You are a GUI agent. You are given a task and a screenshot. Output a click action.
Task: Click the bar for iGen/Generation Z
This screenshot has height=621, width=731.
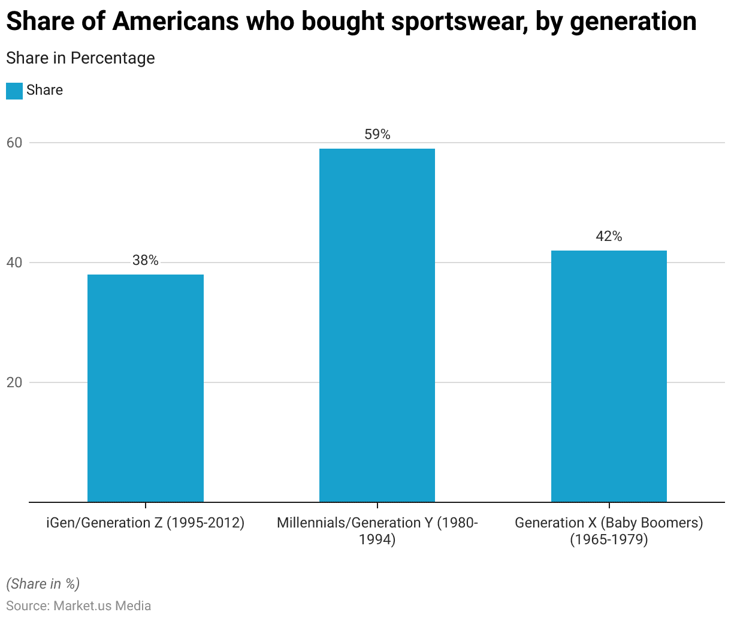pos(146,388)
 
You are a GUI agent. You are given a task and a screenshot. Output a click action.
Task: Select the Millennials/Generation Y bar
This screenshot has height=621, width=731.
pos(377,325)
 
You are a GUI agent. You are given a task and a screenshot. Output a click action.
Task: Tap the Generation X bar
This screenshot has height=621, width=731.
pos(609,376)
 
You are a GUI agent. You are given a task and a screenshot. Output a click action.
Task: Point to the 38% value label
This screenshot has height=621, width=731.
pos(146,260)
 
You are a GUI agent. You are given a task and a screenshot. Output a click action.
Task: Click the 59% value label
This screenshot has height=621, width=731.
pos(377,134)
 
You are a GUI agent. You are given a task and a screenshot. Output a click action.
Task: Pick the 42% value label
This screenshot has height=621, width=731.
pos(609,236)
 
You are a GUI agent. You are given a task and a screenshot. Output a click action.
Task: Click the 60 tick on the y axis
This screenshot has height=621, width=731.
pos(14,143)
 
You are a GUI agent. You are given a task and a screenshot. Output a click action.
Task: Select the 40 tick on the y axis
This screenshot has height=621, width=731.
pos(14,263)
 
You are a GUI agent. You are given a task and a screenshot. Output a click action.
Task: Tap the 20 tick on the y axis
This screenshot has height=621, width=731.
pos(14,382)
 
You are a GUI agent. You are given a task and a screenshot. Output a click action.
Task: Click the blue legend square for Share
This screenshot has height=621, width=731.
pos(14,91)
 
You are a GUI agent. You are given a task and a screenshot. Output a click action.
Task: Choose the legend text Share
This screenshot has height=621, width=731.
pos(45,90)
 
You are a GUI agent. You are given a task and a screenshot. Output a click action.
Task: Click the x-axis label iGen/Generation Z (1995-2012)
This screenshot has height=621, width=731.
pos(146,523)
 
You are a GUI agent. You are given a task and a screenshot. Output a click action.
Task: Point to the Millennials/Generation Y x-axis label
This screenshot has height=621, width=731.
pos(377,530)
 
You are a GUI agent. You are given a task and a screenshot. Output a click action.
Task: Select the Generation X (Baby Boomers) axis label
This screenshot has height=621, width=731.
pos(609,530)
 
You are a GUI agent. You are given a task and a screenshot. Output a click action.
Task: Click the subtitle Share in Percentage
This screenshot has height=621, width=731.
pos(80,58)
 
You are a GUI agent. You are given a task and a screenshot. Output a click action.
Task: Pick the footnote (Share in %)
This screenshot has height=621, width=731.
pos(43,584)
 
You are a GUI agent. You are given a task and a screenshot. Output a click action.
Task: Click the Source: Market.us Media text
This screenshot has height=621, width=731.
pos(78,605)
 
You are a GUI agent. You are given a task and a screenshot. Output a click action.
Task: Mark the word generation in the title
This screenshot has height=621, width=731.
pos(633,22)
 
